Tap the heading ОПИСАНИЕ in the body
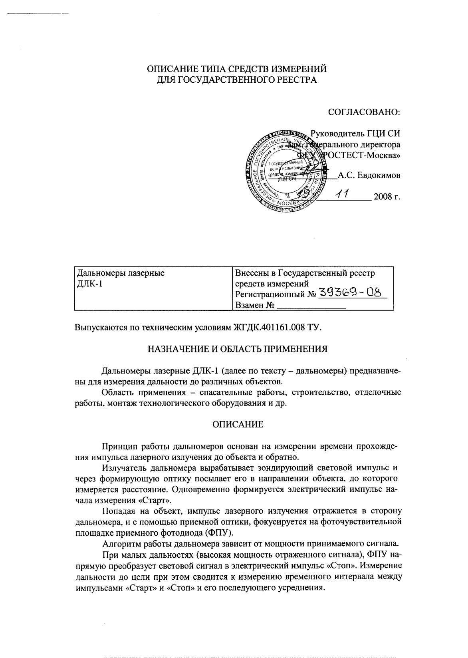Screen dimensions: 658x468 pyautogui.click(x=238, y=424)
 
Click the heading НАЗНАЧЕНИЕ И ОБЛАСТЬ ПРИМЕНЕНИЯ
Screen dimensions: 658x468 pyautogui.click(x=238, y=348)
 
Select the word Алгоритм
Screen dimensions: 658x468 pyautogui.click(x=119, y=543)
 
